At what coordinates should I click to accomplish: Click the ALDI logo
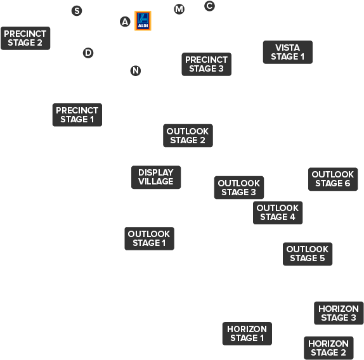(x=143, y=21)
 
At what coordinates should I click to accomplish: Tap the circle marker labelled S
(x=77, y=11)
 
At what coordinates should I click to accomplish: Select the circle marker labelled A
(x=125, y=22)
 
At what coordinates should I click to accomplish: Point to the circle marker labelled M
(x=179, y=10)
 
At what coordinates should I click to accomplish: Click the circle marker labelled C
(x=209, y=6)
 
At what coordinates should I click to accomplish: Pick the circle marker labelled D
(x=88, y=53)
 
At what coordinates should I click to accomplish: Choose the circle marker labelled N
(x=136, y=71)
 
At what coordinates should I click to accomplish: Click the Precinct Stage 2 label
(x=25, y=38)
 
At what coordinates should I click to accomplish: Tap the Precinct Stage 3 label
(x=206, y=64)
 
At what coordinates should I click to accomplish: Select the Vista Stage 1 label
(x=288, y=52)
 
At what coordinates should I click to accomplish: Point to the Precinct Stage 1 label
(x=77, y=115)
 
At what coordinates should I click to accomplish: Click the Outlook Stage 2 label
(x=188, y=136)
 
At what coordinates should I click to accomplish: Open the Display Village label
(x=156, y=177)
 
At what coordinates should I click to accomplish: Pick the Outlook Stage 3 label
(x=239, y=188)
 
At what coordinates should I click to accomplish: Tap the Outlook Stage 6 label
(x=333, y=179)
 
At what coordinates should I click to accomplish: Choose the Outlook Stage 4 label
(x=278, y=213)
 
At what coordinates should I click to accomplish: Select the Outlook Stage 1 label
(x=149, y=238)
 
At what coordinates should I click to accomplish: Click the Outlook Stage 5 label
(x=308, y=254)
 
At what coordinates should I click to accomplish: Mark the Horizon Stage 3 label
(x=339, y=313)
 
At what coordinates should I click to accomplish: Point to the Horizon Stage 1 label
(x=247, y=333)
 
